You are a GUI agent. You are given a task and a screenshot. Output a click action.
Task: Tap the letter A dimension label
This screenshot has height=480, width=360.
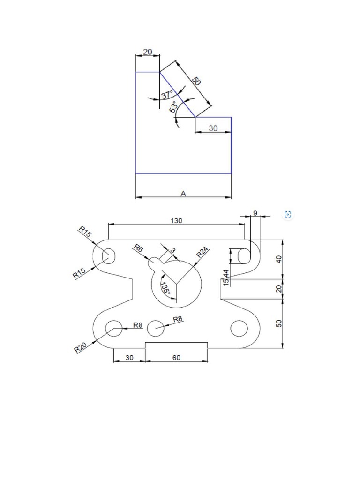coord(183,194)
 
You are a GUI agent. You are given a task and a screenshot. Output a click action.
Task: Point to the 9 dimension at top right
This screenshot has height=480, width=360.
coord(255,213)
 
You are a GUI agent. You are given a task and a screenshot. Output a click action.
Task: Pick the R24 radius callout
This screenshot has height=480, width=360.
coord(202,252)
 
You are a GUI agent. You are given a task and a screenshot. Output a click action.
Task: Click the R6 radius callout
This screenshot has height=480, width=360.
coord(138,248)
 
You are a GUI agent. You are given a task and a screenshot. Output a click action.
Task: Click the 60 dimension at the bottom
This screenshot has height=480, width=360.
coord(177,358)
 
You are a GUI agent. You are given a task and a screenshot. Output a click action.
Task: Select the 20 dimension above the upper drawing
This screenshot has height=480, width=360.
coord(147,52)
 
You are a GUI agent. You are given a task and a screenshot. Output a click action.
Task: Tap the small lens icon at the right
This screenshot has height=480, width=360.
coord(288,215)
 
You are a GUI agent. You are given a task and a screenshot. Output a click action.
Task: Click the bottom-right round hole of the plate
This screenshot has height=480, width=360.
coord(239,329)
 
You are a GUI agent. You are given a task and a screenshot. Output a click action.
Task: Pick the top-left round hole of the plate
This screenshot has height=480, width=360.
coord(109,256)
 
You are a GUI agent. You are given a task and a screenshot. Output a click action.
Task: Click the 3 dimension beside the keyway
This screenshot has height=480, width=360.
coord(172,251)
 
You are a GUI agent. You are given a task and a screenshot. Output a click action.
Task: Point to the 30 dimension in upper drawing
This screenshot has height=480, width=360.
coord(213,128)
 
